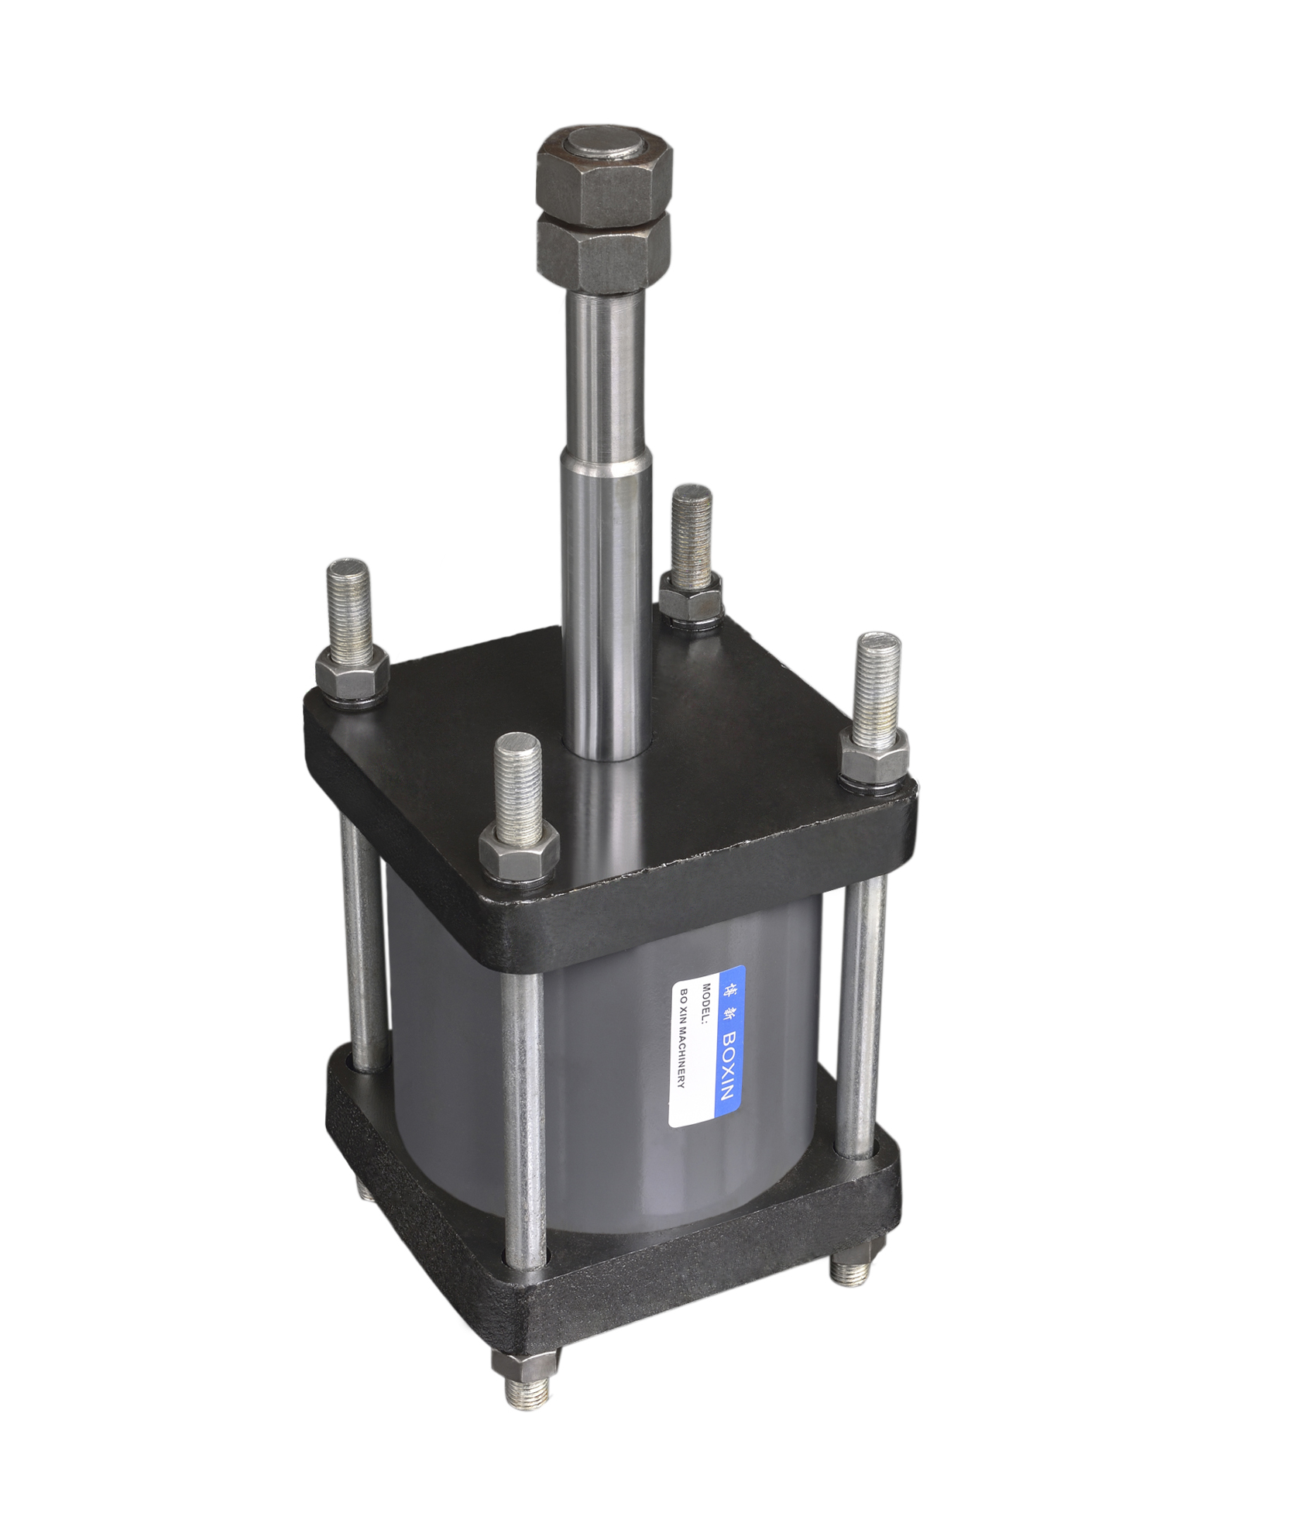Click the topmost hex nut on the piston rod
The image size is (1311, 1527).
point(606,174)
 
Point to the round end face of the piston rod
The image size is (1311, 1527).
point(608,146)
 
